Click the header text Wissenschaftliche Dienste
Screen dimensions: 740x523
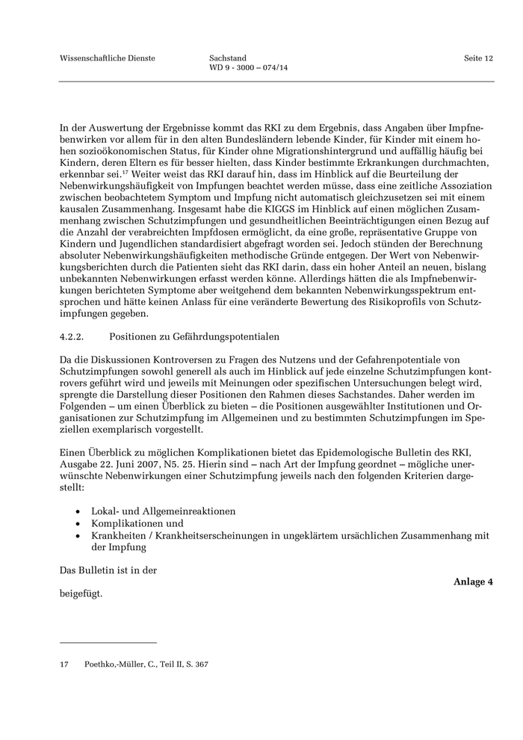click(107, 58)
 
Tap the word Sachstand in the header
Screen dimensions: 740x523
click(228, 58)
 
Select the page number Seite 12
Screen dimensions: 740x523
click(478, 58)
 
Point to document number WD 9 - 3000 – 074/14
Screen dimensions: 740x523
click(249, 70)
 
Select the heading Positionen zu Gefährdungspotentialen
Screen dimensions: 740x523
click(194, 337)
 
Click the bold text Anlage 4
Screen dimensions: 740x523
click(474, 582)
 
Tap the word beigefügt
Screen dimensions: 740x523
click(80, 595)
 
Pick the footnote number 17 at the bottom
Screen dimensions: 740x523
click(64, 663)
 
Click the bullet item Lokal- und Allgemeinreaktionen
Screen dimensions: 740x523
click(163, 511)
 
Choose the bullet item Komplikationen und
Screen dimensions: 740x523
click(137, 523)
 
